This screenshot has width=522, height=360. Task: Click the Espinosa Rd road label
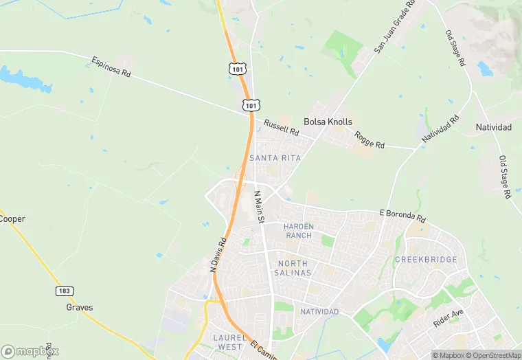pos(111,70)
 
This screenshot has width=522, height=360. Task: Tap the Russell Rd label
pos(282,127)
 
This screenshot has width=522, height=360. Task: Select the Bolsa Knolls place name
pos(328,122)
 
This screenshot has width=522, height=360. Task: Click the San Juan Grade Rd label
pos(396,27)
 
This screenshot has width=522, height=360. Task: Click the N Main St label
pos(259,205)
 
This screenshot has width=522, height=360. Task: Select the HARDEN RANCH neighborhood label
pos(299,231)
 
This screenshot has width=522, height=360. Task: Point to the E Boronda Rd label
pos(402,214)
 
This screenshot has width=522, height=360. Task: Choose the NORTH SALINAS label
pos(295,268)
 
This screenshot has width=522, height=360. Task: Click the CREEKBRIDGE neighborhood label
pos(426,259)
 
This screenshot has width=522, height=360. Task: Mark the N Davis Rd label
pos(217,256)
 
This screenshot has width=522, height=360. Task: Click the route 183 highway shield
pos(64,291)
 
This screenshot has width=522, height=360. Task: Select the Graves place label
pos(80,307)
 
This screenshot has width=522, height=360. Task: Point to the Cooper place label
pos(12,219)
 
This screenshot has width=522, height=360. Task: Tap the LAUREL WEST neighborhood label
pos(228,342)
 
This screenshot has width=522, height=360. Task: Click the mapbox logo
pos(30,351)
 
